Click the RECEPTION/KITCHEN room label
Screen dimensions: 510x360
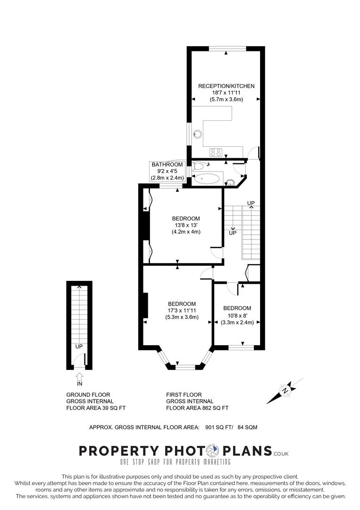[x=226, y=86]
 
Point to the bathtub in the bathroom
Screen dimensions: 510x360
[x=207, y=178]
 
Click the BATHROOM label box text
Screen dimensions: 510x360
[x=167, y=164]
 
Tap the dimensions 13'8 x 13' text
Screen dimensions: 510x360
[x=185, y=225]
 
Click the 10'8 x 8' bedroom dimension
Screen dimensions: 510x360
[x=237, y=315]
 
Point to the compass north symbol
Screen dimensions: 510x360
[x=285, y=391]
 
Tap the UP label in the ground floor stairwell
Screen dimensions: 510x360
[x=79, y=347]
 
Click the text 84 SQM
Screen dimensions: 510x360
[x=247, y=427]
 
